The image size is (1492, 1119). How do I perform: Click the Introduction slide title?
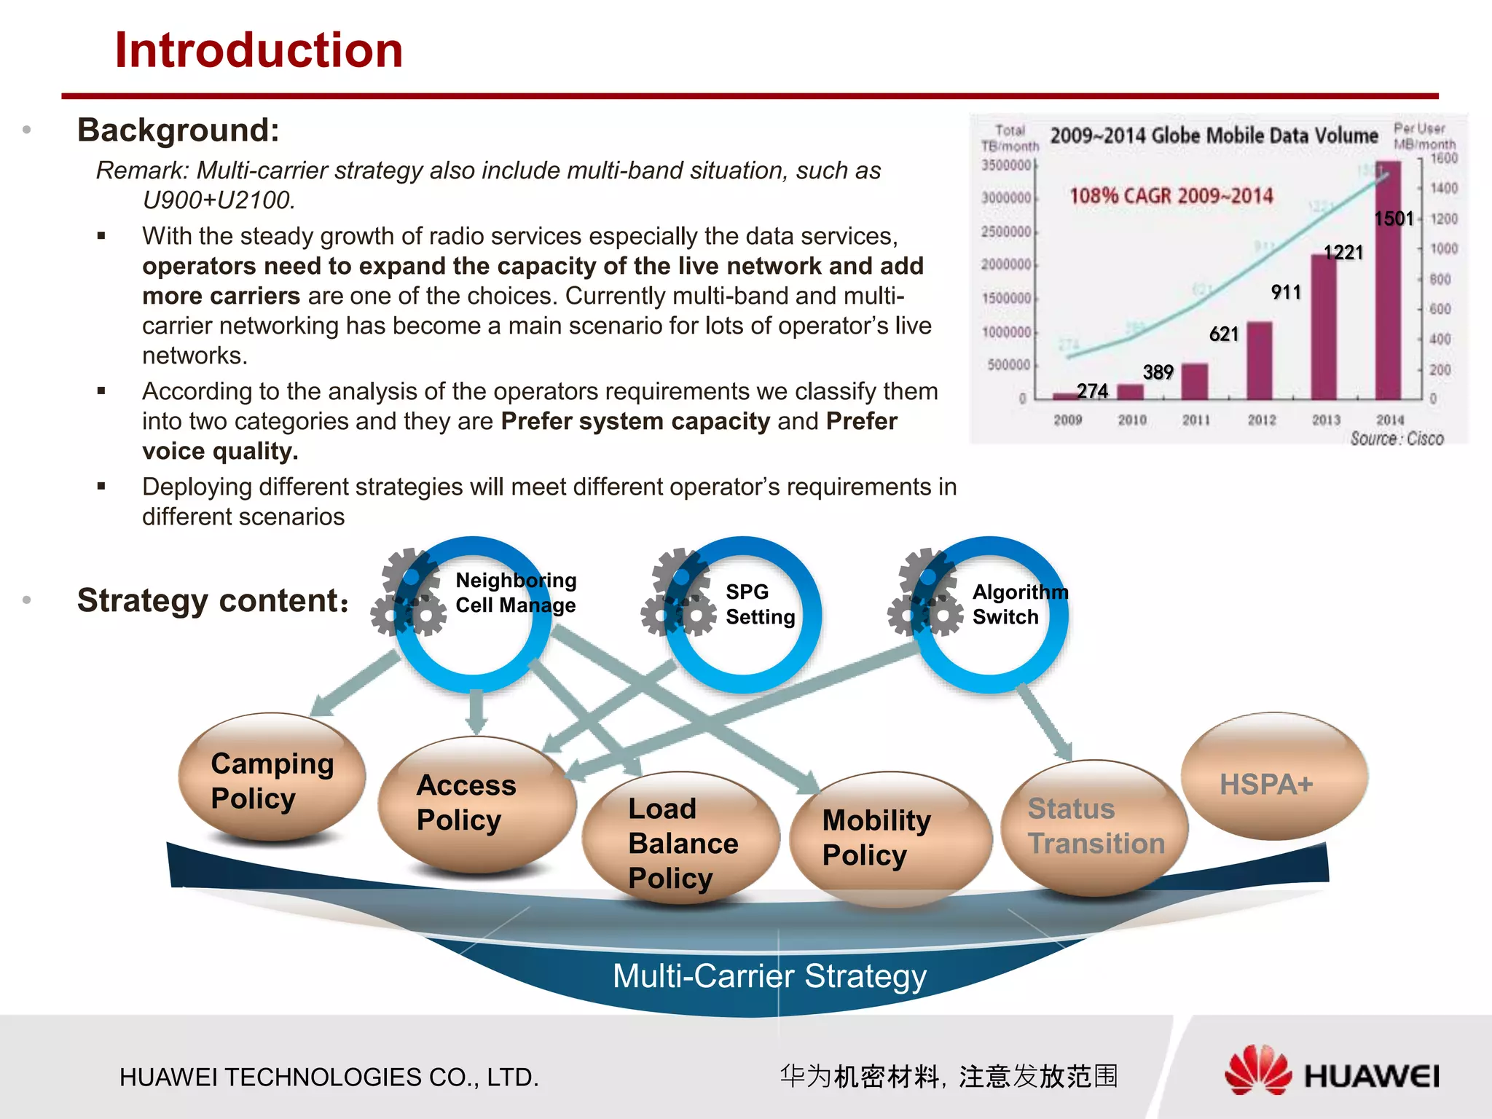259,51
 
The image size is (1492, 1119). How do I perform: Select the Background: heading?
178,130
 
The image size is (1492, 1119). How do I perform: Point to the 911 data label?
1286,292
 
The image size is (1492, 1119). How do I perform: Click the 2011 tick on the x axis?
1195,420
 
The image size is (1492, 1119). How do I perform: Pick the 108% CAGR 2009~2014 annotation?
1171,196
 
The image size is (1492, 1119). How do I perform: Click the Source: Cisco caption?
1397,439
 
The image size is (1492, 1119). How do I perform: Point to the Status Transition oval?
1095,827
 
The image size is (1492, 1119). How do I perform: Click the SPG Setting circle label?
759,605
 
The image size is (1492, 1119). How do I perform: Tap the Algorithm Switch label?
1018,605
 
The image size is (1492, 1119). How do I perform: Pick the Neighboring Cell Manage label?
515,593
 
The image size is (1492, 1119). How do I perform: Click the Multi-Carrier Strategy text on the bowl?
769,976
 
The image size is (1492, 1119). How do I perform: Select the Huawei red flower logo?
1257,1071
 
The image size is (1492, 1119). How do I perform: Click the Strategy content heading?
213,601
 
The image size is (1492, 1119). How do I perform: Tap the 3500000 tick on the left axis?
1005,165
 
